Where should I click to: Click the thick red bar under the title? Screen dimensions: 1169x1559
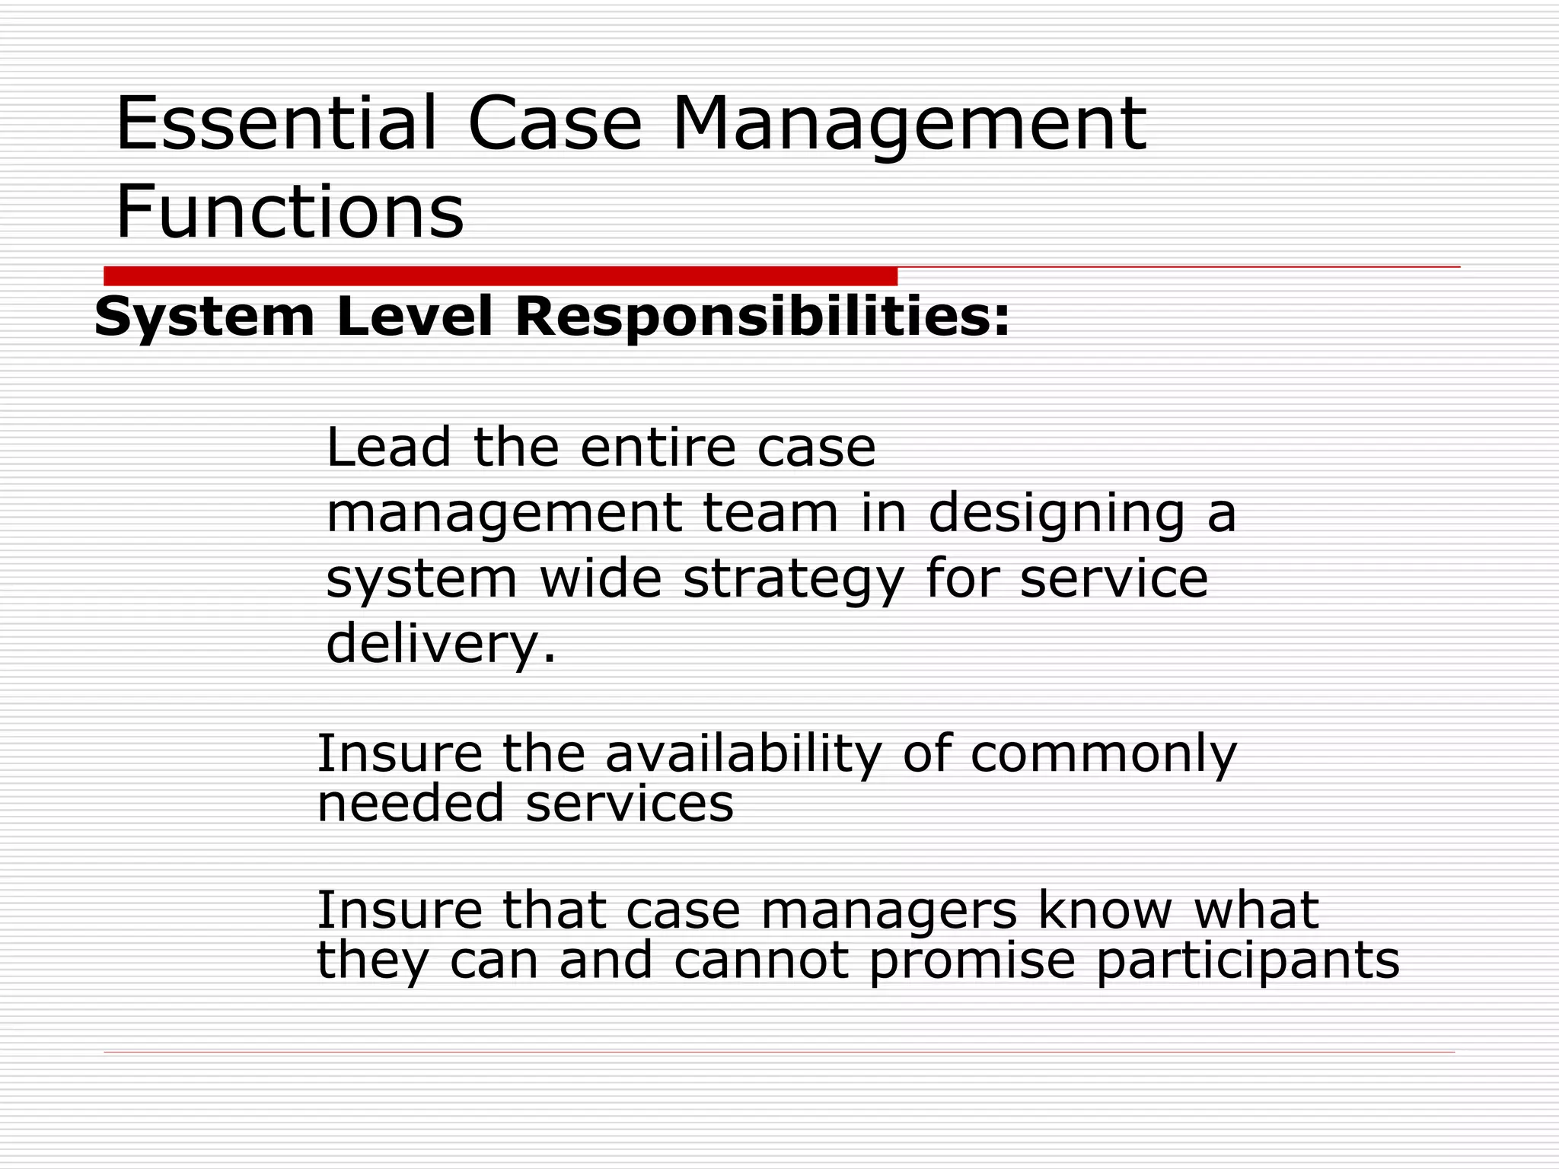[x=500, y=276]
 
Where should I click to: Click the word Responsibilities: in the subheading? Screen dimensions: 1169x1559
[x=762, y=317]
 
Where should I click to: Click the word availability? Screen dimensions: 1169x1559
[x=743, y=754]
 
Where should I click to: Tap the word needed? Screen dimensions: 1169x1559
[x=410, y=803]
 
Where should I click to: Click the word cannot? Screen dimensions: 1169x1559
[x=760, y=960]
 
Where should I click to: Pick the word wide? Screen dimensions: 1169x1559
[x=601, y=579]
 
